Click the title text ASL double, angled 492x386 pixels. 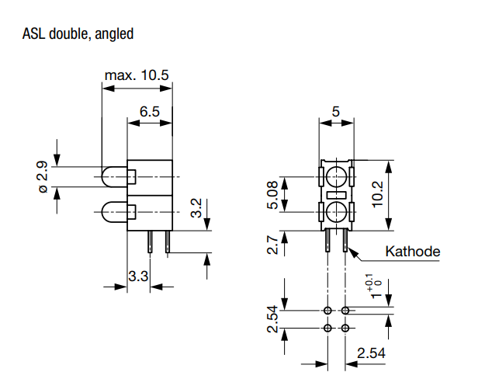click(78, 34)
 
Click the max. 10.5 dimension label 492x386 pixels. click(137, 75)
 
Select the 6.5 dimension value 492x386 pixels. click(150, 112)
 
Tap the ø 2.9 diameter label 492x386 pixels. click(43, 177)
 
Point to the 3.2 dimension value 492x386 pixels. click(196, 208)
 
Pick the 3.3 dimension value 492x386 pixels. click(138, 276)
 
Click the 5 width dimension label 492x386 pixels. click(336, 112)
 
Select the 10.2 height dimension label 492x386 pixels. click(377, 194)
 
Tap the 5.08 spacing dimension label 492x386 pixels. click(272, 195)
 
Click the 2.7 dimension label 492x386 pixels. click(272, 245)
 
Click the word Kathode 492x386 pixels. click(413, 252)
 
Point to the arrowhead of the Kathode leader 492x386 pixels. click(349, 249)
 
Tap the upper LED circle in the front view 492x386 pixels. click(336, 177)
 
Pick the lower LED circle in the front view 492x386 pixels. click(336, 212)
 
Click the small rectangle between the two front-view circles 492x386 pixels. click(336, 195)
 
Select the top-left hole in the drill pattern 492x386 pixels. click(327, 311)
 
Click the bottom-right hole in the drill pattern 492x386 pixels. click(345, 329)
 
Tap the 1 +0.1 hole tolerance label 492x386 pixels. click(376, 286)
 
